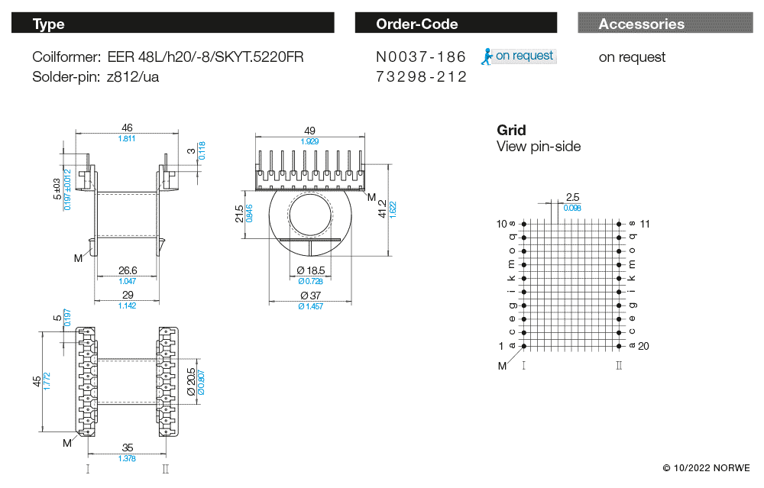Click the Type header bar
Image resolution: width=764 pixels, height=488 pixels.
point(173,24)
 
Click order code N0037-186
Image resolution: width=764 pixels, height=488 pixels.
point(421,57)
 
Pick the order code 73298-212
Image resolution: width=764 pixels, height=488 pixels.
point(421,77)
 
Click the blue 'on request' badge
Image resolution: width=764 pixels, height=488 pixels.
point(519,56)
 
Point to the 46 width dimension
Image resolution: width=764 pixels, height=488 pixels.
point(127,128)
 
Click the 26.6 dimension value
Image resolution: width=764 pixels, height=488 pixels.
point(127,270)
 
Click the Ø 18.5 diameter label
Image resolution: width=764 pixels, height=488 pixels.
point(309,270)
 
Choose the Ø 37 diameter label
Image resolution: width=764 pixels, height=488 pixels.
point(309,296)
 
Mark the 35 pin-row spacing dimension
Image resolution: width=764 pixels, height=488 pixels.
point(127,448)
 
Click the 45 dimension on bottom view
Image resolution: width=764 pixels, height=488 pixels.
point(37,381)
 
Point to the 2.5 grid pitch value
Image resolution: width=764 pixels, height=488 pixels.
point(572,197)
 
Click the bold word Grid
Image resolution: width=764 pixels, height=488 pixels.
point(511,130)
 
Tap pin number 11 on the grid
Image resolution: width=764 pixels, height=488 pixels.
point(644,224)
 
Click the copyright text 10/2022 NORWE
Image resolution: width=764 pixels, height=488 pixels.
point(706,467)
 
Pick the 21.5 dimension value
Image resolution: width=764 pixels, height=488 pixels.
point(240,214)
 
